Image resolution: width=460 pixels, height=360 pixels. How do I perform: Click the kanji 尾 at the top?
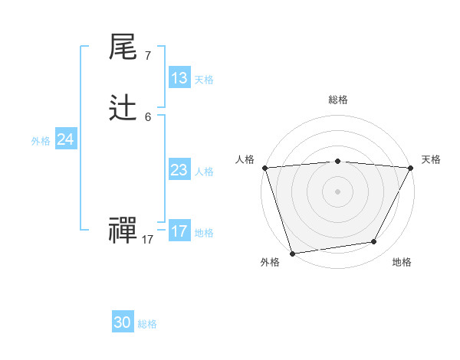click(123, 47)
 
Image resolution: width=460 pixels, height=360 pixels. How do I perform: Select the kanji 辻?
click(123, 110)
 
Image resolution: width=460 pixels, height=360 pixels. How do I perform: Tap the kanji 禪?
click(123, 231)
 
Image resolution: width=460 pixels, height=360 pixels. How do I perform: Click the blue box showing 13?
click(179, 78)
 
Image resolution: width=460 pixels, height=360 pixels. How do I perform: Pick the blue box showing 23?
click(179, 170)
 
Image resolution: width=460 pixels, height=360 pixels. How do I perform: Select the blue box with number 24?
click(66, 139)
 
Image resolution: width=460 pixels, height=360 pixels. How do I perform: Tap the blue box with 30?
click(123, 322)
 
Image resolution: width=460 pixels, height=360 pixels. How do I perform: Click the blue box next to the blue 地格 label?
click(179, 231)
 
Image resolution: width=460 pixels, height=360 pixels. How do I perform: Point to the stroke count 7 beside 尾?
click(147, 55)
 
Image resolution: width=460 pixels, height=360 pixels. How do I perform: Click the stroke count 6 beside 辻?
click(147, 116)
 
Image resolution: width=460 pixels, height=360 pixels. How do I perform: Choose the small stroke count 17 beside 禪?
click(147, 239)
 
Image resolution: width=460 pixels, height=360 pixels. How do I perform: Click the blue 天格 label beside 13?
click(204, 80)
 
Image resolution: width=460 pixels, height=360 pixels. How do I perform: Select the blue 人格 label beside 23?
click(204, 172)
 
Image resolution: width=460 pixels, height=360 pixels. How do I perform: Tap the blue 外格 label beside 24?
click(41, 141)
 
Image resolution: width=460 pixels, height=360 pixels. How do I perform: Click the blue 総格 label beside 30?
click(147, 324)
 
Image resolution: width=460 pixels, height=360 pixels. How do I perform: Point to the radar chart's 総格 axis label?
click(337, 100)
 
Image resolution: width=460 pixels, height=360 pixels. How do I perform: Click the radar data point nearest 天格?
click(410, 168)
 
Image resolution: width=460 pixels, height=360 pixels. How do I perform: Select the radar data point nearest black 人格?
click(264, 168)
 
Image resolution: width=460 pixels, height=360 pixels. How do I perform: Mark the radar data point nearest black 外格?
click(292, 253)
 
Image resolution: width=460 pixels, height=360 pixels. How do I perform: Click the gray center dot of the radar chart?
click(337, 191)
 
